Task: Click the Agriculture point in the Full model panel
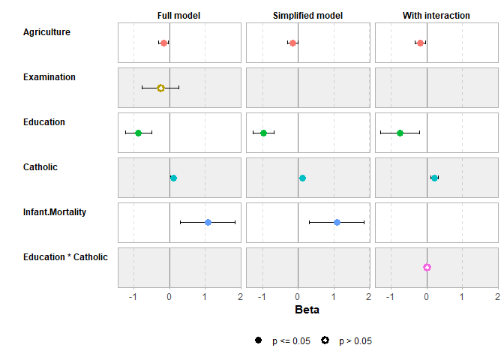point(163,43)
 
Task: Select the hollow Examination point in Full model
point(160,88)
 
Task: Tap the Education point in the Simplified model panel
point(263,133)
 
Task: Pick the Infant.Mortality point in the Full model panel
point(208,222)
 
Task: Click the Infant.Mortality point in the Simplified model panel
point(337,222)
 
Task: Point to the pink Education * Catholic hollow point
point(427,267)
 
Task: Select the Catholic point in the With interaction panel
point(434,178)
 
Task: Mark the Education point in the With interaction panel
point(400,133)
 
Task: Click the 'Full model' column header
point(178,16)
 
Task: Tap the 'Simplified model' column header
point(307,16)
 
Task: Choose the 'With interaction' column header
point(436,16)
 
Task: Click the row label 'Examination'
point(49,77)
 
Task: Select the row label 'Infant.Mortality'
point(55,212)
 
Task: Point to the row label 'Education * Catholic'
point(65,257)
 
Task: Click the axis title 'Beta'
point(307,310)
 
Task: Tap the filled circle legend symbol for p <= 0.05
point(259,340)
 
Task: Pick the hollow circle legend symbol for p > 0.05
point(325,340)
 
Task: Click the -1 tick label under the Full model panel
point(133,296)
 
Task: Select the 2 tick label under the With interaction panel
point(497,296)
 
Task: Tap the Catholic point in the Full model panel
point(173,178)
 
